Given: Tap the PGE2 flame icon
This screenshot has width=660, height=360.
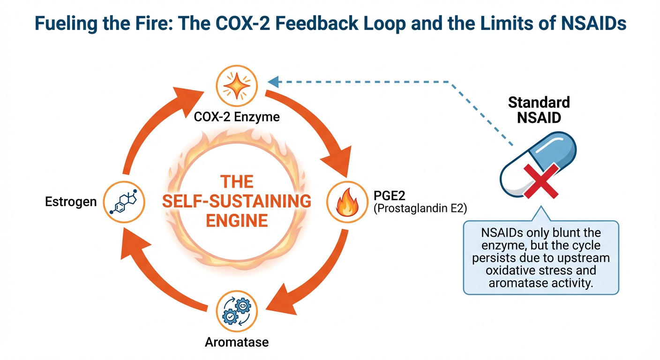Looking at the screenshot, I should tap(347, 202).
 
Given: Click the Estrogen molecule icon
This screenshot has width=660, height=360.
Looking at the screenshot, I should tap(122, 202).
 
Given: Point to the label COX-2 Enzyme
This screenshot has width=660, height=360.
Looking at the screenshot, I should tap(237, 116).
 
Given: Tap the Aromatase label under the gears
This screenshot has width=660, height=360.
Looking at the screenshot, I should tap(237, 342).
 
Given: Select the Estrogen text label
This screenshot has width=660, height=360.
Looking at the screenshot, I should tap(71, 202).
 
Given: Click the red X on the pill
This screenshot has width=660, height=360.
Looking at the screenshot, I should tap(540, 180).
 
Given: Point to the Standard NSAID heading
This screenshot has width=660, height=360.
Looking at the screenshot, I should tap(539, 109).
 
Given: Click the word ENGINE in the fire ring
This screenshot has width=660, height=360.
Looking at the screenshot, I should tap(237, 220).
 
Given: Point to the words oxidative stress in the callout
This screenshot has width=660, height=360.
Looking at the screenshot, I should tap(541, 271).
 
